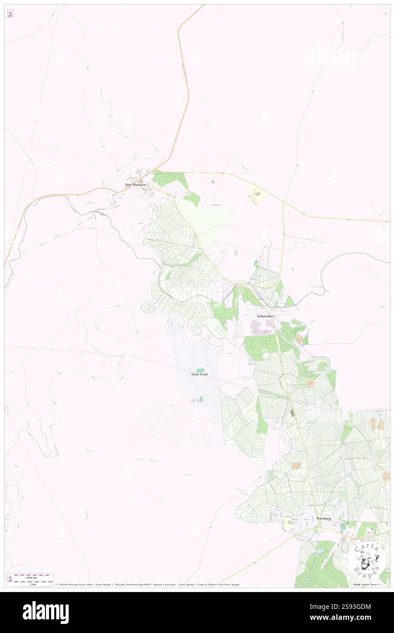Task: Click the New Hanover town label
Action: coord(136,184)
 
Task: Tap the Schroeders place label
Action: coord(265,316)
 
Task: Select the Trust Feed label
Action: coord(199,374)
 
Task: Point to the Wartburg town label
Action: coord(323,518)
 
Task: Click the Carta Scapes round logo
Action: coord(367,559)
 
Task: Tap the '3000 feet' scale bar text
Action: coord(31,577)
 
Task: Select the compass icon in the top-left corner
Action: coord(10,14)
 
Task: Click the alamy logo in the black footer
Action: coord(45,612)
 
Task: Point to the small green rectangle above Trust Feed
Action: coord(200,370)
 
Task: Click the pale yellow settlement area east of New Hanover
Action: coord(256,196)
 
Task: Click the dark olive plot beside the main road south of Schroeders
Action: coord(293,412)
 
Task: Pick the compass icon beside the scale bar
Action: coord(10,579)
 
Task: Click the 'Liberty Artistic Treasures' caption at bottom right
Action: coord(368,584)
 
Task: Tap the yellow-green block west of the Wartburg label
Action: coord(288,522)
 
